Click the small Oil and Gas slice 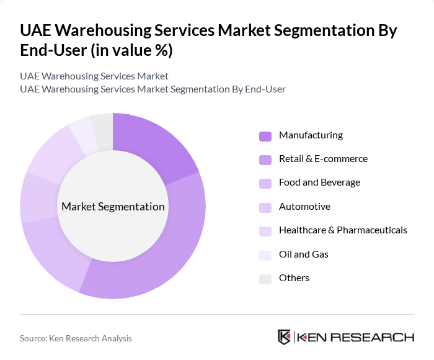(x=82, y=132)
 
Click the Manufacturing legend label (x=311, y=135)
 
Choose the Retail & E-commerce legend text (x=323, y=159)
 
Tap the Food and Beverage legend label (x=319, y=182)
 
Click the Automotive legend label (x=304, y=207)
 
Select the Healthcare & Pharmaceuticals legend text (x=343, y=230)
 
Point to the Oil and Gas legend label (x=303, y=254)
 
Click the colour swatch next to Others (x=265, y=279)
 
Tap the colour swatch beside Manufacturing (x=265, y=136)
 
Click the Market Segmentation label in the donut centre (x=113, y=207)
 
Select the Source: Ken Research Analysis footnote (x=76, y=338)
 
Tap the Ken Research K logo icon (x=284, y=338)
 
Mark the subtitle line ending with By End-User (x=153, y=89)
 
